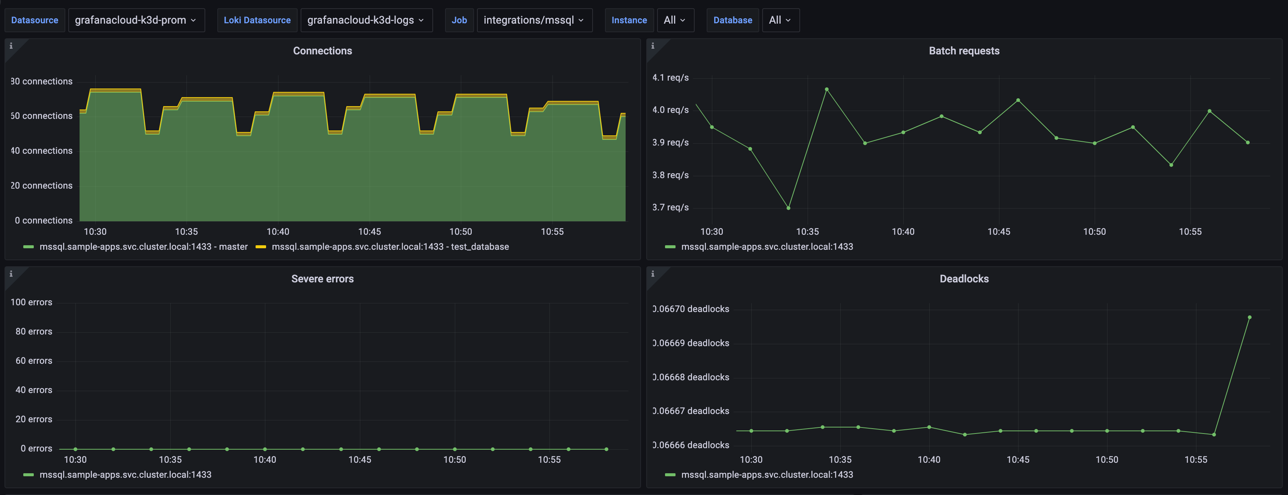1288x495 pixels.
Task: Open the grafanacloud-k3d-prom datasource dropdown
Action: click(136, 20)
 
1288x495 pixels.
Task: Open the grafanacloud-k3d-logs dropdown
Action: click(366, 20)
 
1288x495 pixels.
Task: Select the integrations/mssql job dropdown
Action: click(534, 20)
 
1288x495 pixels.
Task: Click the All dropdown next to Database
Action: click(780, 20)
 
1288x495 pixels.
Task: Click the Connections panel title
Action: click(322, 51)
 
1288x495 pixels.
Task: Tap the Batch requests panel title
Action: click(964, 51)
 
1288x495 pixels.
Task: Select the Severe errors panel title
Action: click(322, 279)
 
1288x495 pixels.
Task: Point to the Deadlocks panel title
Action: click(964, 279)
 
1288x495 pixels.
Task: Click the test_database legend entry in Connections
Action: click(390, 247)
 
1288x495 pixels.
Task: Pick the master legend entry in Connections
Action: click(143, 247)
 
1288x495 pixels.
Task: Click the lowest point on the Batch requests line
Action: click(788, 208)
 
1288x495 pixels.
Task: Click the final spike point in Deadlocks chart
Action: click(1249, 317)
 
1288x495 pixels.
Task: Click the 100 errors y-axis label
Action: click(31, 302)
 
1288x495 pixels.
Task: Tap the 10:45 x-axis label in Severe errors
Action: click(360, 459)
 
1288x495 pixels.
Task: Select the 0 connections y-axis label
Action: click(44, 220)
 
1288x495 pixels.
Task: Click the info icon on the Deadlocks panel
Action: click(653, 274)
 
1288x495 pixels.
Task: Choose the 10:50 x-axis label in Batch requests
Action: click(1094, 232)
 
